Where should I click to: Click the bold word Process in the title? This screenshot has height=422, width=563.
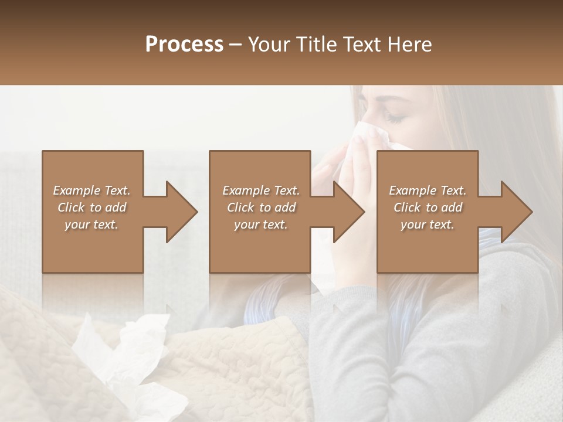(x=184, y=45)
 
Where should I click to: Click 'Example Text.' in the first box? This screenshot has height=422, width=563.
(x=91, y=190)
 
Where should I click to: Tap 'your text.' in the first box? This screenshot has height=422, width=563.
(x=91, y=224)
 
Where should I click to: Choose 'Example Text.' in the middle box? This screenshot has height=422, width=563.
(x=261, y=190)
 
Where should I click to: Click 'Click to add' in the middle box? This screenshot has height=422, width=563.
(x=261, y=207)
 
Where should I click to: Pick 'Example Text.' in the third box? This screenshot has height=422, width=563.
(x=428, y=190)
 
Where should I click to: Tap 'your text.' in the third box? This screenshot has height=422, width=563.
(x=428, y=224)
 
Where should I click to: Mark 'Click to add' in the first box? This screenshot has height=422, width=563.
(x=91, y=207)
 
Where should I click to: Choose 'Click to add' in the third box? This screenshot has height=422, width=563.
(x=428, y=207)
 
